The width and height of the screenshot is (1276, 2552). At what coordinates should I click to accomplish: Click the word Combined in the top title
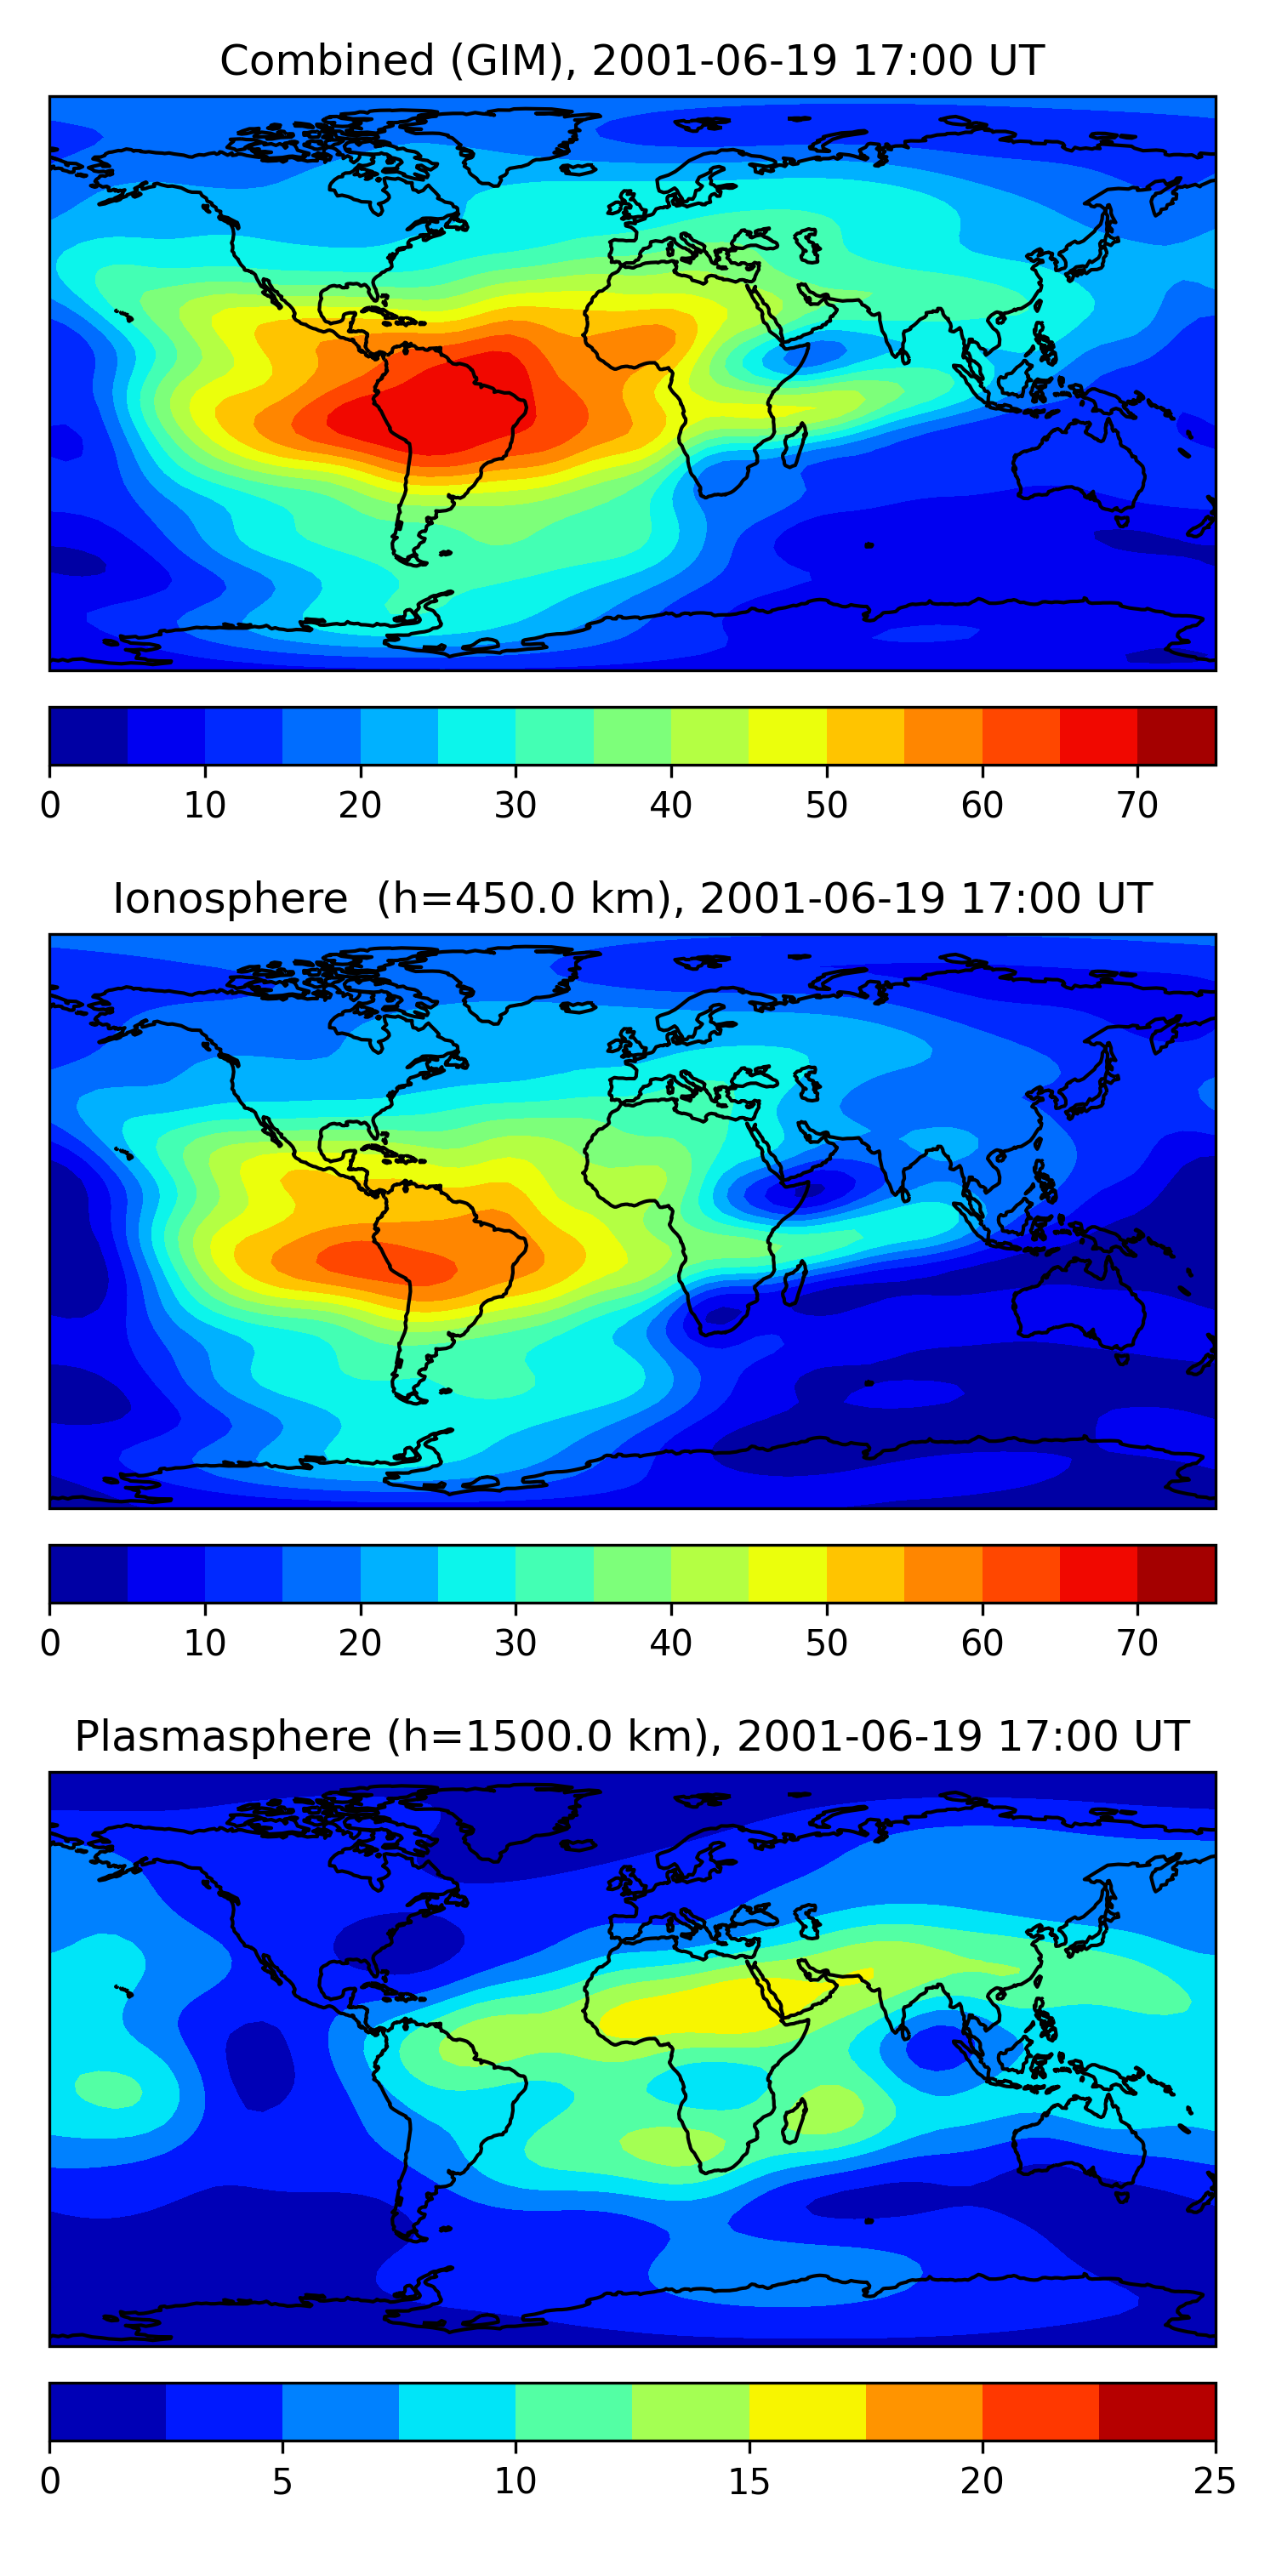point(327,61)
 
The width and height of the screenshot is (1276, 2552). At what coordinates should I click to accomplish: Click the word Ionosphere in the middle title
point(230,899)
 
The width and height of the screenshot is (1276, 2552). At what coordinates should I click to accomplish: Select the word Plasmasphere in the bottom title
point(222,1737)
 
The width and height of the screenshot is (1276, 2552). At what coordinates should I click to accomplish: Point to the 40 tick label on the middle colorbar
point(669,1643)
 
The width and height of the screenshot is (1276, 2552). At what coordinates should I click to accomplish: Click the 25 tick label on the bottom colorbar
point(1214,2481)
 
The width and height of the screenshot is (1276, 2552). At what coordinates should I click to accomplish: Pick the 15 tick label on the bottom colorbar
point(748,2481)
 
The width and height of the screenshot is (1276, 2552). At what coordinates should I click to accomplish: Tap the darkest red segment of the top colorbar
point(1176,736)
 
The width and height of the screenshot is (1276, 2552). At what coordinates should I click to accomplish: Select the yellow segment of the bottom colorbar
point(806,2412)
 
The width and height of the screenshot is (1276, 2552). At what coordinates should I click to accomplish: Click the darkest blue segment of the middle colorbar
point(88,1573)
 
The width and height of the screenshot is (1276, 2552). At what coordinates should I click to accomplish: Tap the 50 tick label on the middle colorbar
point(825,1643)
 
